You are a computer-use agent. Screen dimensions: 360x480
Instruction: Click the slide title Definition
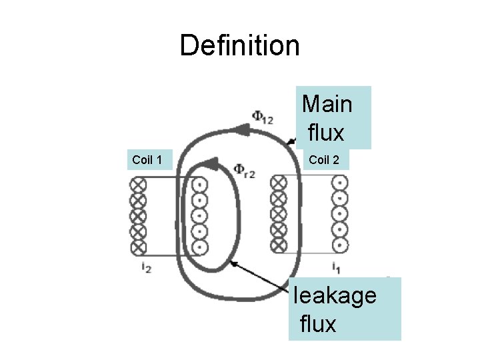[x=239, y=45]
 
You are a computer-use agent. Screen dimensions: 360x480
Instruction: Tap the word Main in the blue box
[x=327, y=104]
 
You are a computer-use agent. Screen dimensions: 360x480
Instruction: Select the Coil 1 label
[x=147, y=159]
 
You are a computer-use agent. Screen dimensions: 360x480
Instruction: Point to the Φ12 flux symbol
[x=261, y=117]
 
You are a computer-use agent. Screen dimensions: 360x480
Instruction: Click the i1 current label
[x=337, y=268]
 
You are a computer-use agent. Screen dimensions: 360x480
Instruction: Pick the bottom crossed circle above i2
[x=138, y=247]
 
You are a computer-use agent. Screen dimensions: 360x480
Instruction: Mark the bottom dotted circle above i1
[x=340, y=245]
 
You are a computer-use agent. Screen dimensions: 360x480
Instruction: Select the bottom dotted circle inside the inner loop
[x=199, y=247]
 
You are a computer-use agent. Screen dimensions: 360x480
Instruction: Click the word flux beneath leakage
[x=319, y=325]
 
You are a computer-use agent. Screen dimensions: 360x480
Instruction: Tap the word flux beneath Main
[x=326, y=133]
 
